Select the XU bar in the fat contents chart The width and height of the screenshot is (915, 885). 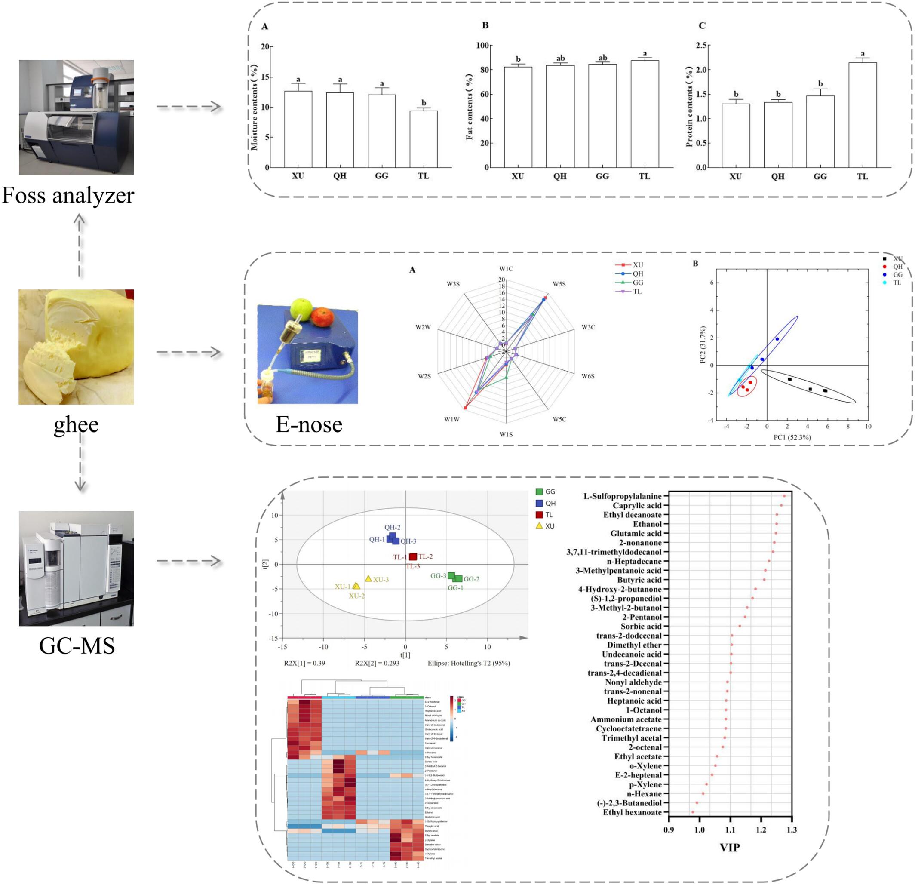point(518,117)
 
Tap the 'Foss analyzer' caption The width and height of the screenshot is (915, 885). point(68,195)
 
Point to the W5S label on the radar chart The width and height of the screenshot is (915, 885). point(559,284)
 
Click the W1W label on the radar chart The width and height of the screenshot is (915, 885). point(451,419)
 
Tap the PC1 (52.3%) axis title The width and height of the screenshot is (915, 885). point(792,437)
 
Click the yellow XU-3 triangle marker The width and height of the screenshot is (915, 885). point(368,579)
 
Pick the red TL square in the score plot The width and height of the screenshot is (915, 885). point(413,556)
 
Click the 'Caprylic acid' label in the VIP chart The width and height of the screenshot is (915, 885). point(637,506)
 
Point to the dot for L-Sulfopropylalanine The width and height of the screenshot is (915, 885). point(784,496)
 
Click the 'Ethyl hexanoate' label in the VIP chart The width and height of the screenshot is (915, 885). point(632,812)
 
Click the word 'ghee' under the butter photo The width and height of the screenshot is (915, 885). point(76,424)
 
